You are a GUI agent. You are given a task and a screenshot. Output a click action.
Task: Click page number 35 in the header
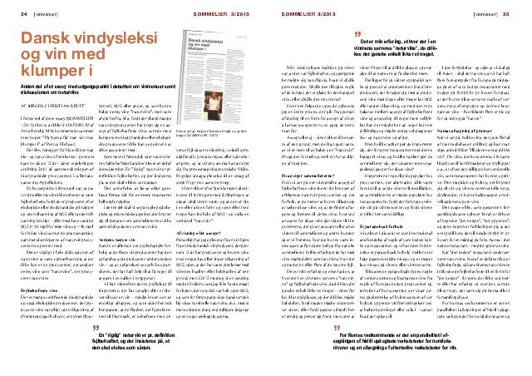pos(517,14)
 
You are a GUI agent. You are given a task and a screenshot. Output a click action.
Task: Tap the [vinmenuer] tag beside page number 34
pos(41,14)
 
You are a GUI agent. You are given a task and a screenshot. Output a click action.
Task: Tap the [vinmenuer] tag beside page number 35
pos(490,14)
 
